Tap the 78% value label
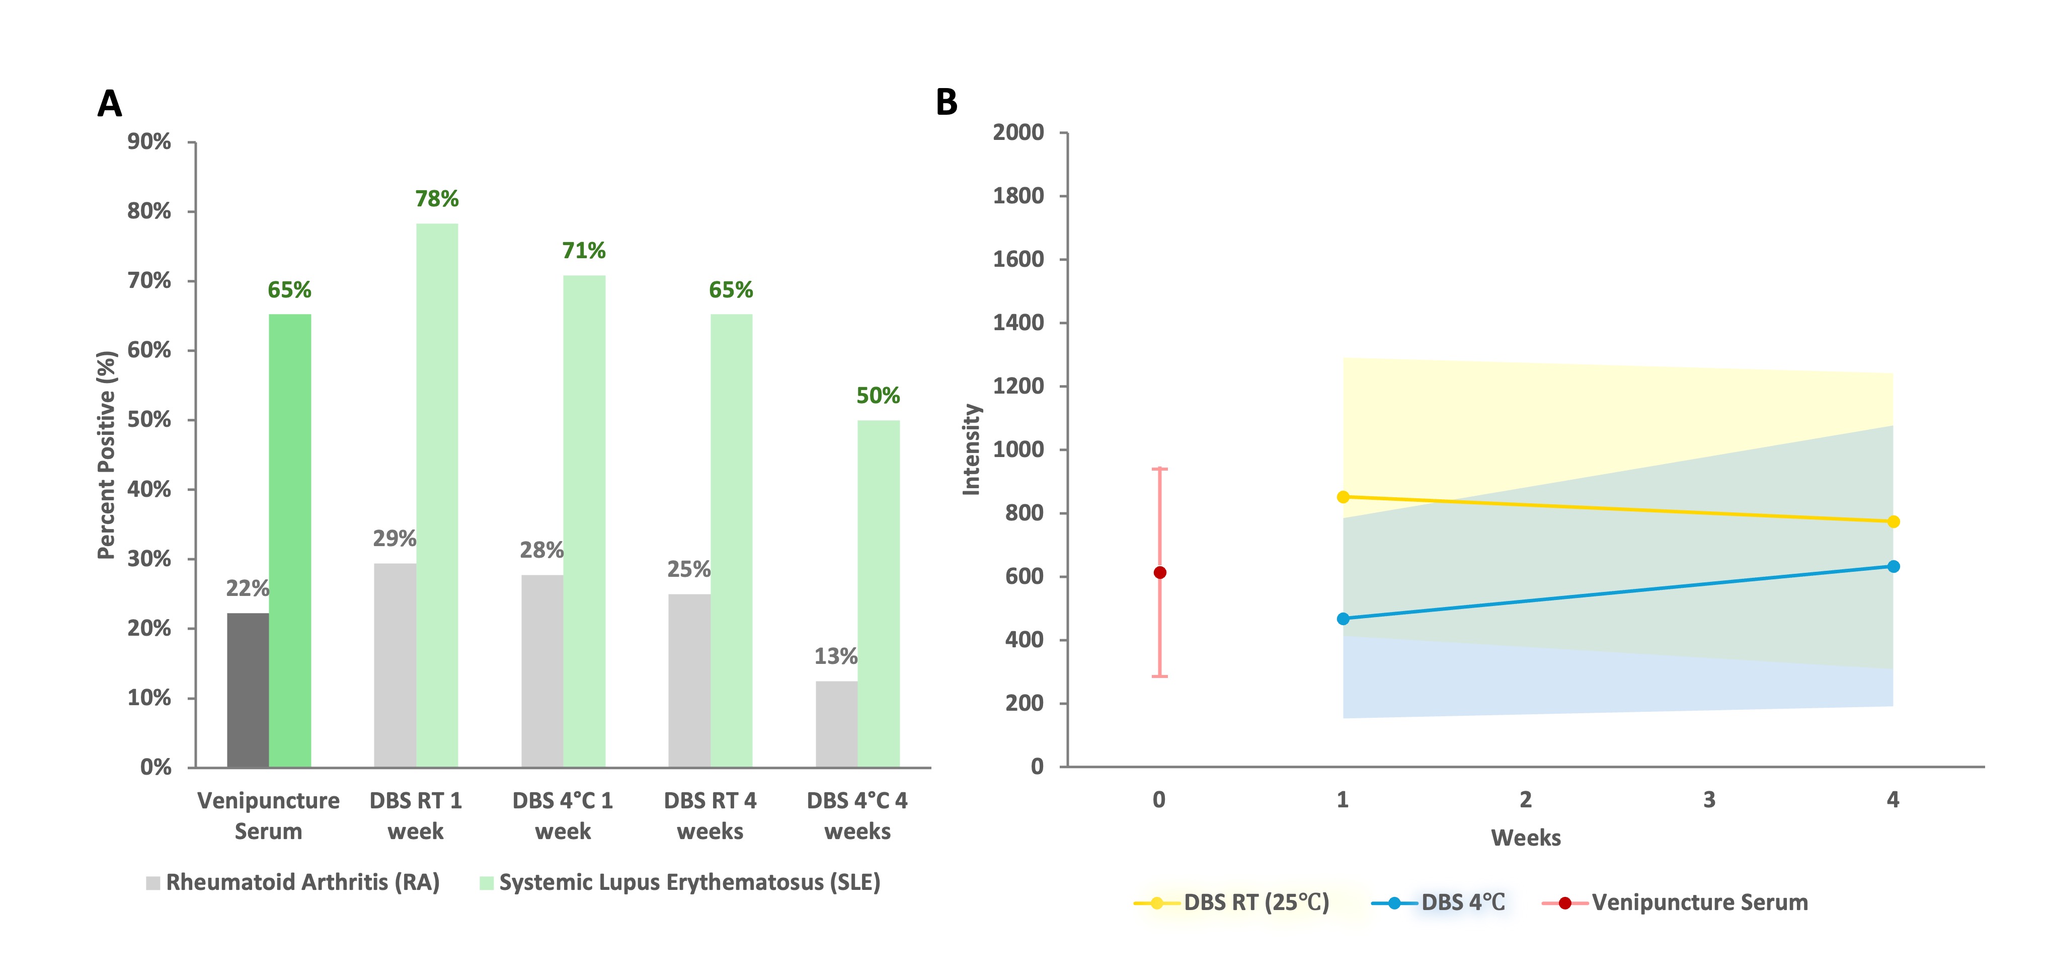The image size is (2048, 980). [x=436, y=199]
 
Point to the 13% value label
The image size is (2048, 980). [x=836, y=656]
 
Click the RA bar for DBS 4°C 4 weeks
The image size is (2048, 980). [x=836, y=724]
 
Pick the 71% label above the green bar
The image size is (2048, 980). [x=584, y=251]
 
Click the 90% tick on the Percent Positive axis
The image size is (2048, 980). [x=149, y=141]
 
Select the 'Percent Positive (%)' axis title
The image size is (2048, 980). [x=107, y=455]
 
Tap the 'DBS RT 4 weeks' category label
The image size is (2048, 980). [x=710, y=815]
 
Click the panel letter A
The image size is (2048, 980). [x=110, y=103]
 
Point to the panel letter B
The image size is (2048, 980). [x=946, y=102]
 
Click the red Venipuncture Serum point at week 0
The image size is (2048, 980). [x=1160, y=573]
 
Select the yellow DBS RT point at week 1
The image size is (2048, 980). [x=1343, y=497]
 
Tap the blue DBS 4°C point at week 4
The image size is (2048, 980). [x=1893, y=566]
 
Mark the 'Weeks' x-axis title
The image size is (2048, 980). [x=1525, y=838]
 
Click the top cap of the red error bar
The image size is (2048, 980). [x=1160, y=469]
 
